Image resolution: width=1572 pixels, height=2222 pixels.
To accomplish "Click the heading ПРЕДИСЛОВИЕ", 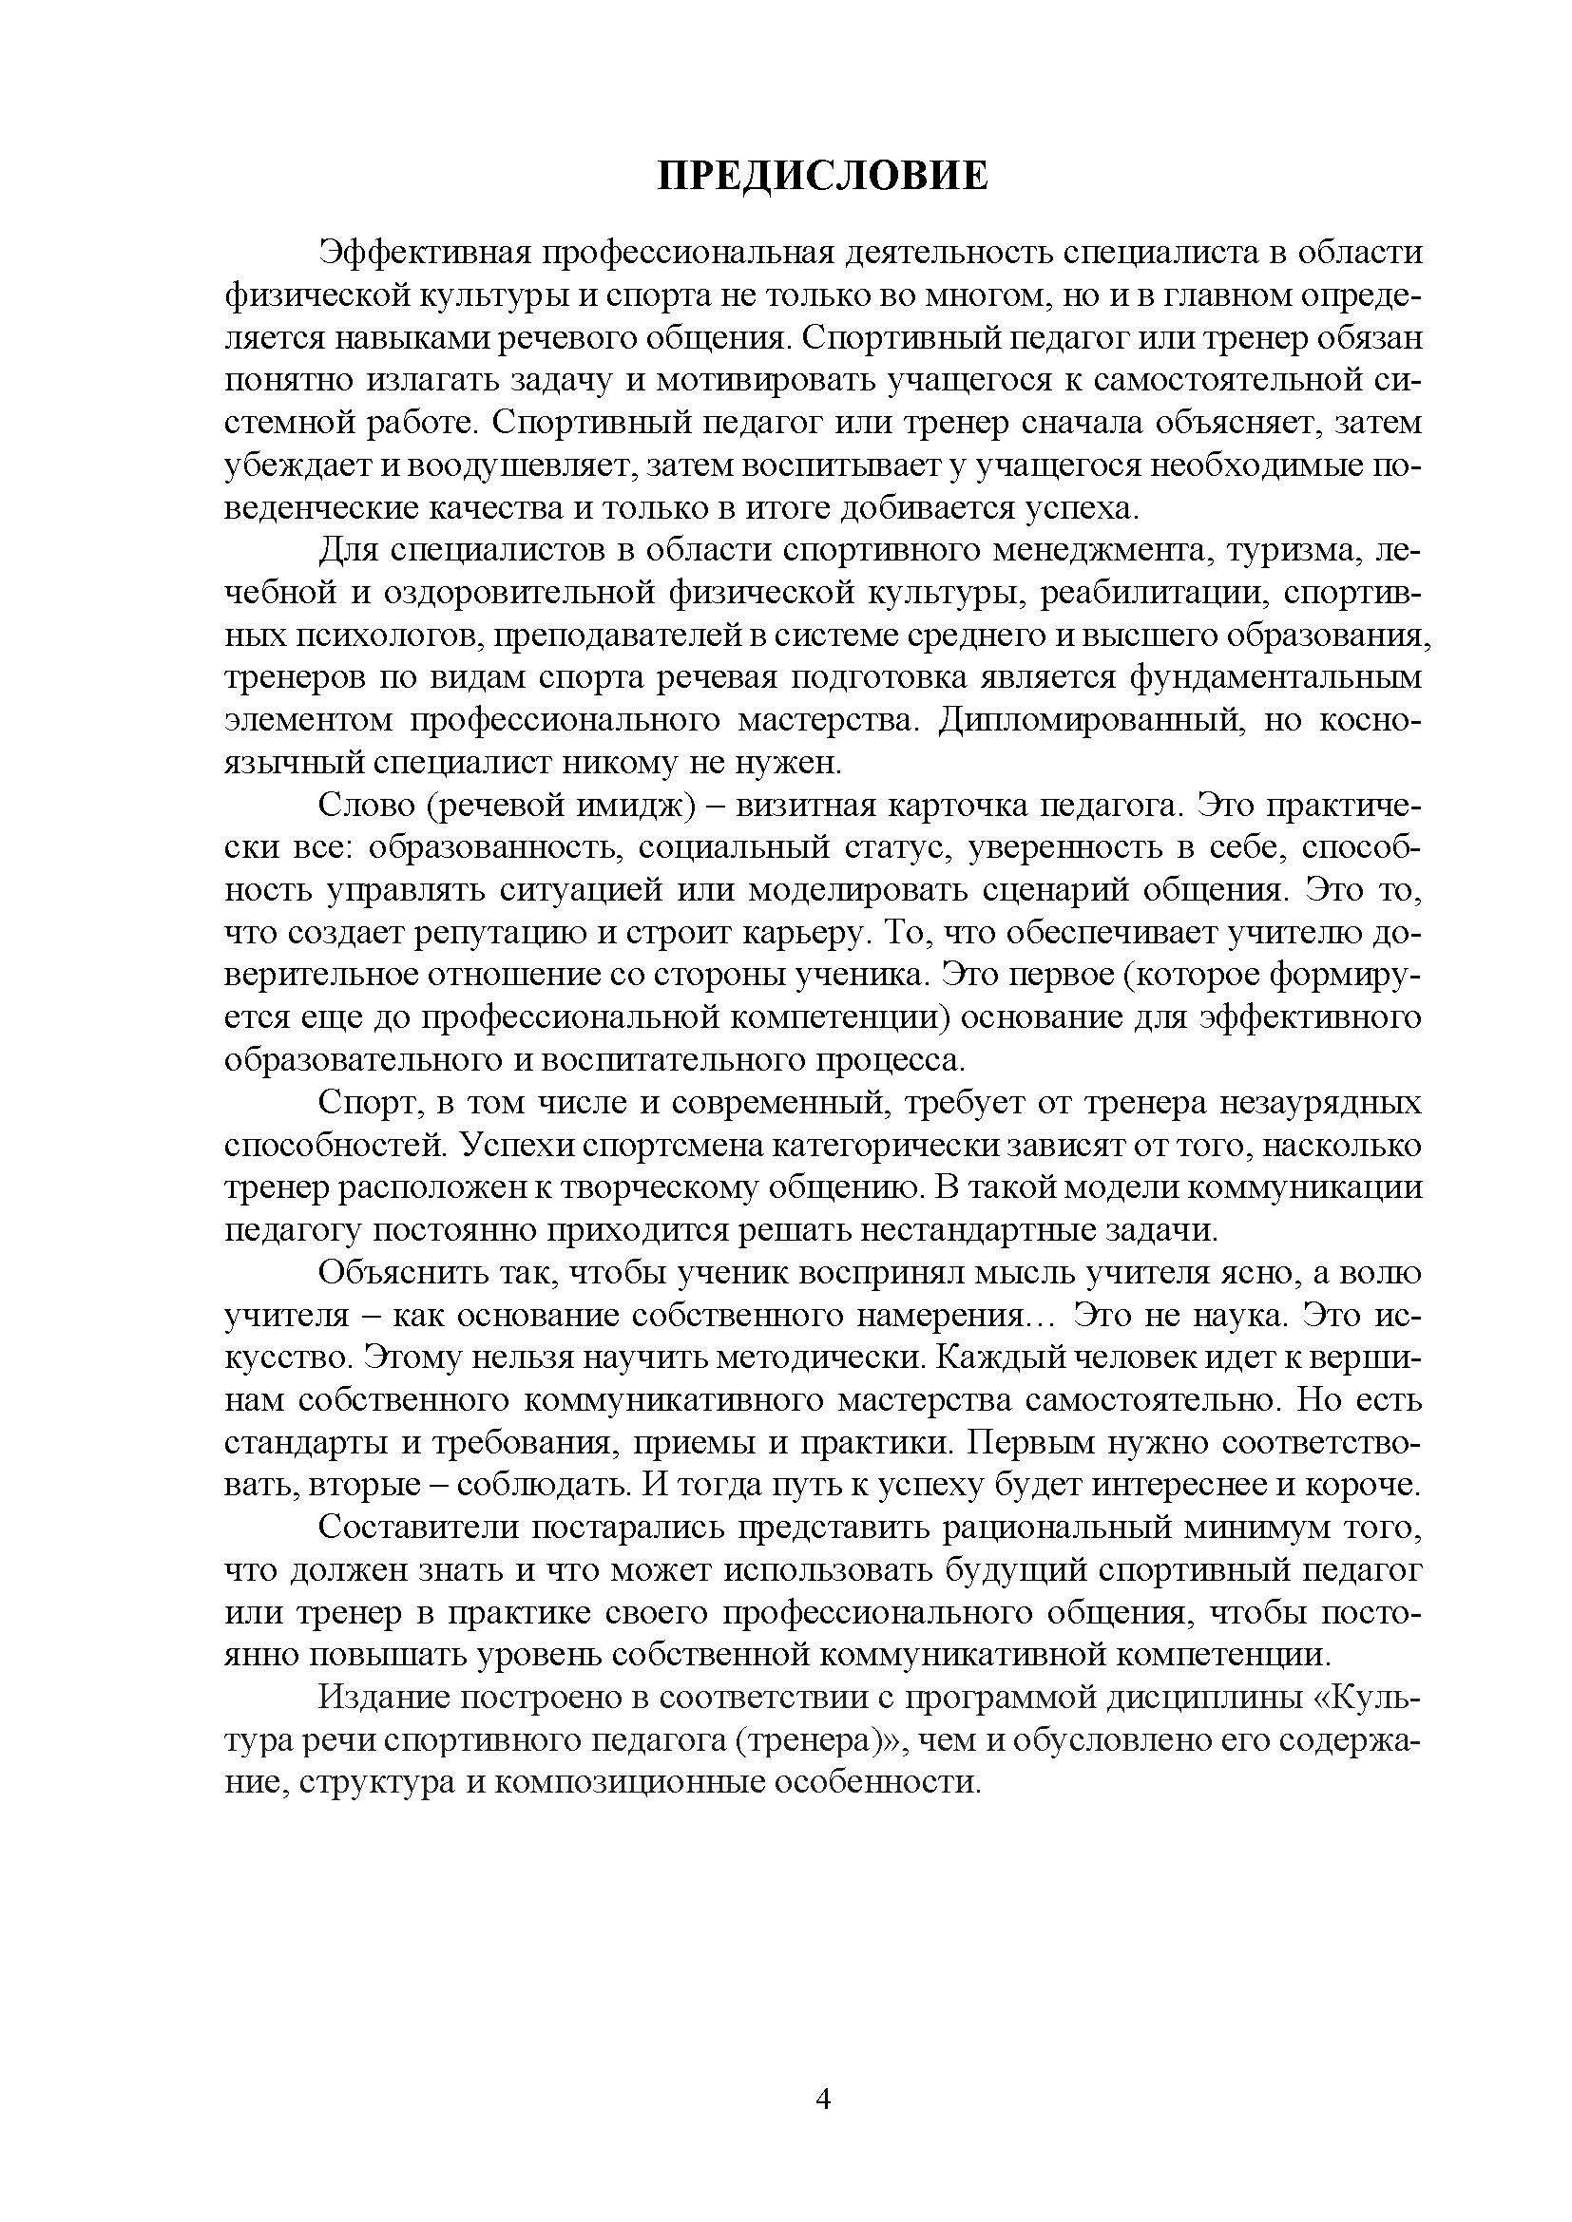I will tap(823, 177).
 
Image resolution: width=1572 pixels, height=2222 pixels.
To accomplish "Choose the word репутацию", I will tap(493, 934).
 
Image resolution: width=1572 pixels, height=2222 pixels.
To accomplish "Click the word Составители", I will tap(415, 1530).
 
